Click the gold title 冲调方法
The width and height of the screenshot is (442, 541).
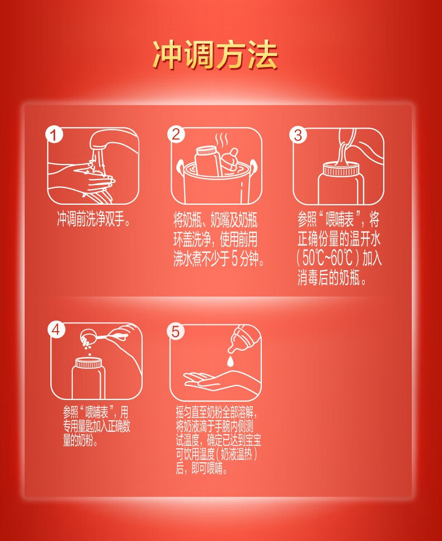click(x=215, y=55)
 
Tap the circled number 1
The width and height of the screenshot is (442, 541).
click(x=54, y=135)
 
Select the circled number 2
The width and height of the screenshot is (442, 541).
click(x=176, y=134)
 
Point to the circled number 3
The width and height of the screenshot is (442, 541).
click(x=298, y=135)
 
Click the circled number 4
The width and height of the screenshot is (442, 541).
click(x=57, y=330)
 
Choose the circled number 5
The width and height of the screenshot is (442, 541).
click(x=176, y=332)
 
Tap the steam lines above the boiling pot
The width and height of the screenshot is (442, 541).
click(x=222, y=140)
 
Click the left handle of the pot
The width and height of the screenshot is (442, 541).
click(x=180, y=168)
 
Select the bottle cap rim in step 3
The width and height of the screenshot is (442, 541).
click(x=341, y=170)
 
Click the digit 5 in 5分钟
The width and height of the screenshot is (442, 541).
click(x=234, y=259)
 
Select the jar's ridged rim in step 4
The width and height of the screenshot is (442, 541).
click(x=88, y=363)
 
